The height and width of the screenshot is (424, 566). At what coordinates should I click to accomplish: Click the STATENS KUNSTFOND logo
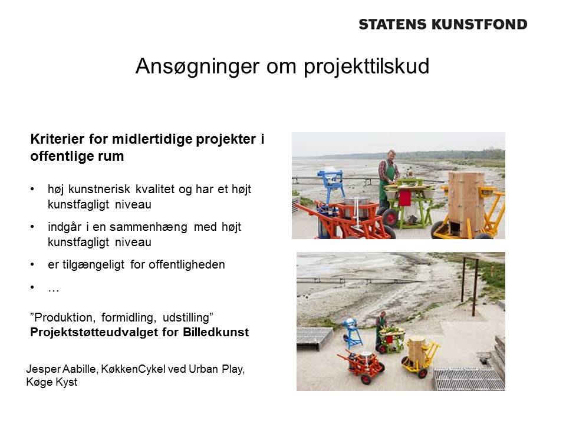click(443, 24)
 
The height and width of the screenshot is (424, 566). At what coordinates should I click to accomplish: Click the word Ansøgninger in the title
click(198, 67)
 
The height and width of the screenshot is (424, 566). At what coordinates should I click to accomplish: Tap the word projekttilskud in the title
click(366, 67)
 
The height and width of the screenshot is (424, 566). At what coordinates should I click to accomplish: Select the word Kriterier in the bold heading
click(57, 139)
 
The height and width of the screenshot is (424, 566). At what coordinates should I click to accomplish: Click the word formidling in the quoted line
click(129, 317)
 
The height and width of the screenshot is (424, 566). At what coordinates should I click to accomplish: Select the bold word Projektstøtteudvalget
click(94, 332)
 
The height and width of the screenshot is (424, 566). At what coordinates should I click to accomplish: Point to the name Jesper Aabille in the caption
click(61, 369)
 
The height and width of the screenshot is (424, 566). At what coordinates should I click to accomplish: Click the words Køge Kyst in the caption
click(52, 382)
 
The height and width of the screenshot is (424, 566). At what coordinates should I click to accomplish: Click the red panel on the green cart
click(405, 198)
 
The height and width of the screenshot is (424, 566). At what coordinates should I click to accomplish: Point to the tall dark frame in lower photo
click(469, 285)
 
